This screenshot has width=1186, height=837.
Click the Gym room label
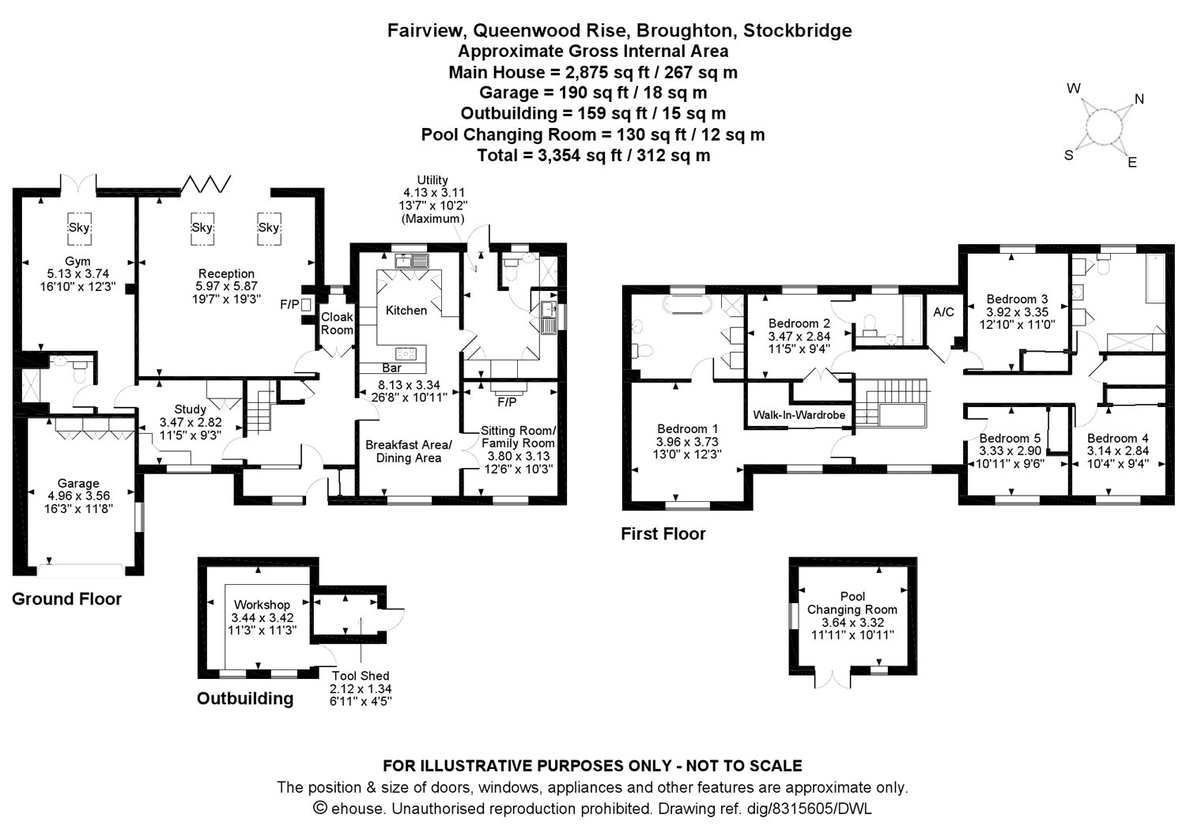(77, 261)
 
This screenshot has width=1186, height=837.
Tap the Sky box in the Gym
(79, 227)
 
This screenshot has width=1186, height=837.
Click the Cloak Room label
(337, 323)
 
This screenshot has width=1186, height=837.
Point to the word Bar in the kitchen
(391, 368)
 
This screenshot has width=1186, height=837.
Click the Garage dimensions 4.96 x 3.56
(78, 496)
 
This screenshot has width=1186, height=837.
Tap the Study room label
(191, 409)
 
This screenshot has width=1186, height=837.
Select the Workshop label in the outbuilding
(262, 605)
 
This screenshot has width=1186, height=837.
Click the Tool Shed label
(361, 676)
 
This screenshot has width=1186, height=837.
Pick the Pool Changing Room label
(852, 603)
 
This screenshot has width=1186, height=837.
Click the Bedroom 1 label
(687, 429)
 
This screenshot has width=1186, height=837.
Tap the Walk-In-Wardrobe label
(799, 415)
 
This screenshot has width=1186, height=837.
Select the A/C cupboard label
(944, 312)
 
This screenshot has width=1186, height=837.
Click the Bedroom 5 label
(1010, 439)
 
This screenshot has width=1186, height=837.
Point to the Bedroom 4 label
(1117, 439)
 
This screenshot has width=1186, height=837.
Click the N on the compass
(1139, 99)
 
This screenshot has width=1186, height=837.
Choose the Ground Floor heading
(66, 599)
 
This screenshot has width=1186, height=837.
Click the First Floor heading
(663, 533)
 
